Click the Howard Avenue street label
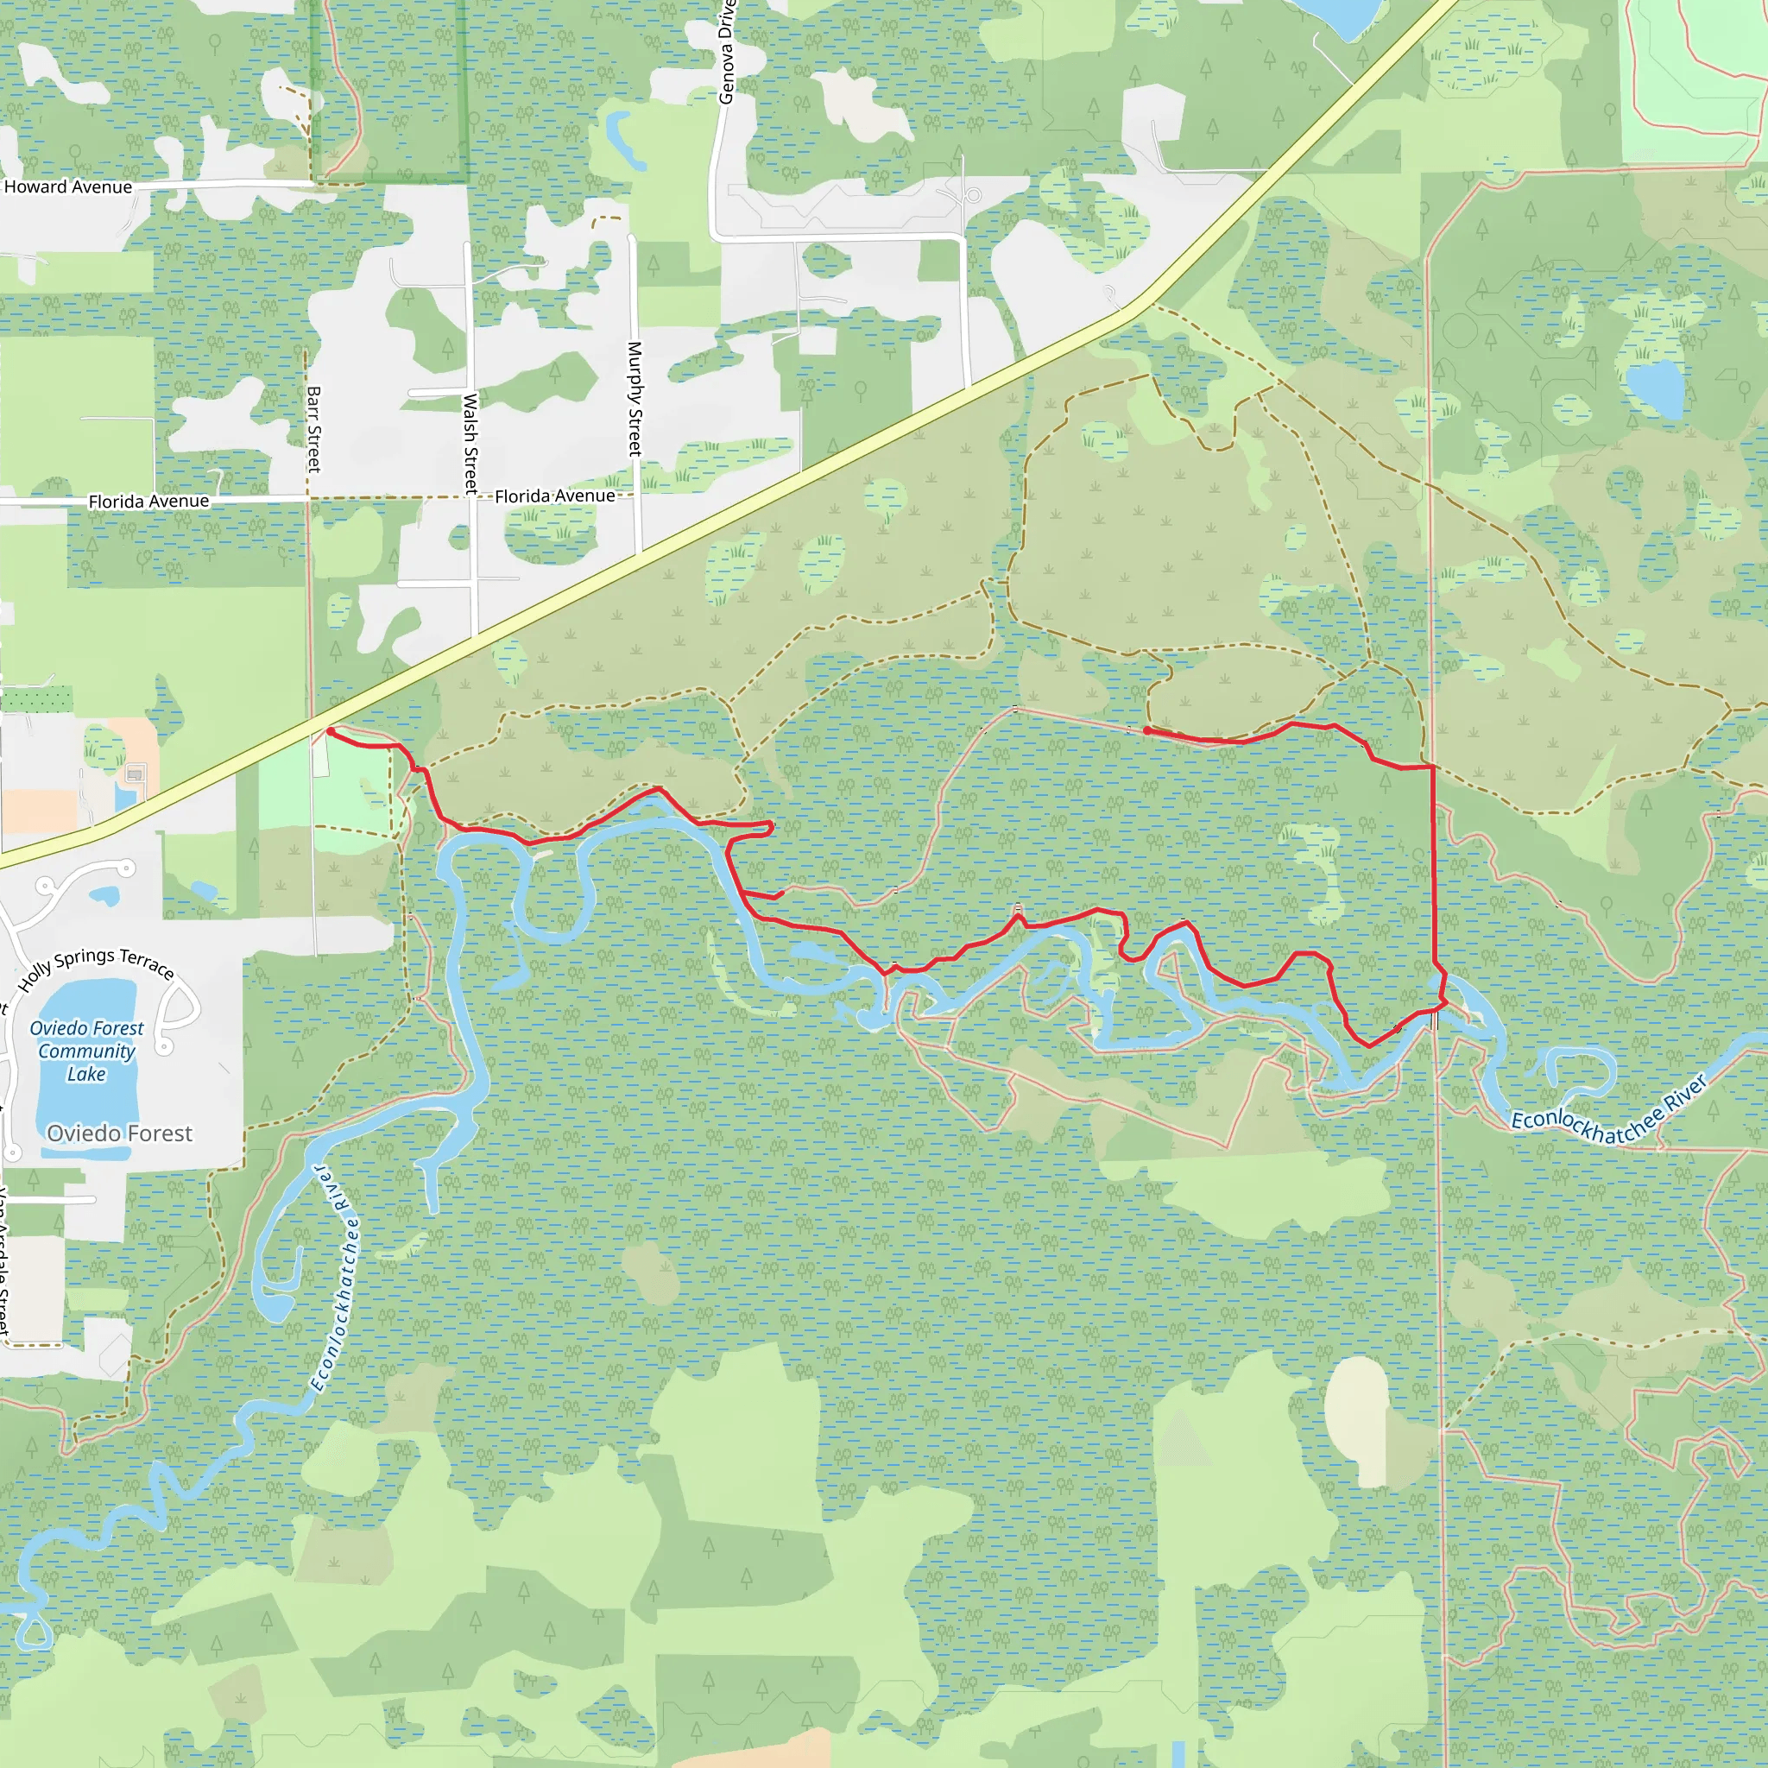coord(69,186)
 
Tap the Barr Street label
coord(314,428)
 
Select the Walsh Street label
coord(470,443)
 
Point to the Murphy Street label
coord(635,399)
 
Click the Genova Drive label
coord(727,53)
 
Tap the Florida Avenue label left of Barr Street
coord(148,502)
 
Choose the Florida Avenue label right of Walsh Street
coord(554,496)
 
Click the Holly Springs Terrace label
coord(97,969)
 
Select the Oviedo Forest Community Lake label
coord(87,1051)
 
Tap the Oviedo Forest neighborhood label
coord(120,1133)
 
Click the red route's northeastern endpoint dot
coord(1147,730)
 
